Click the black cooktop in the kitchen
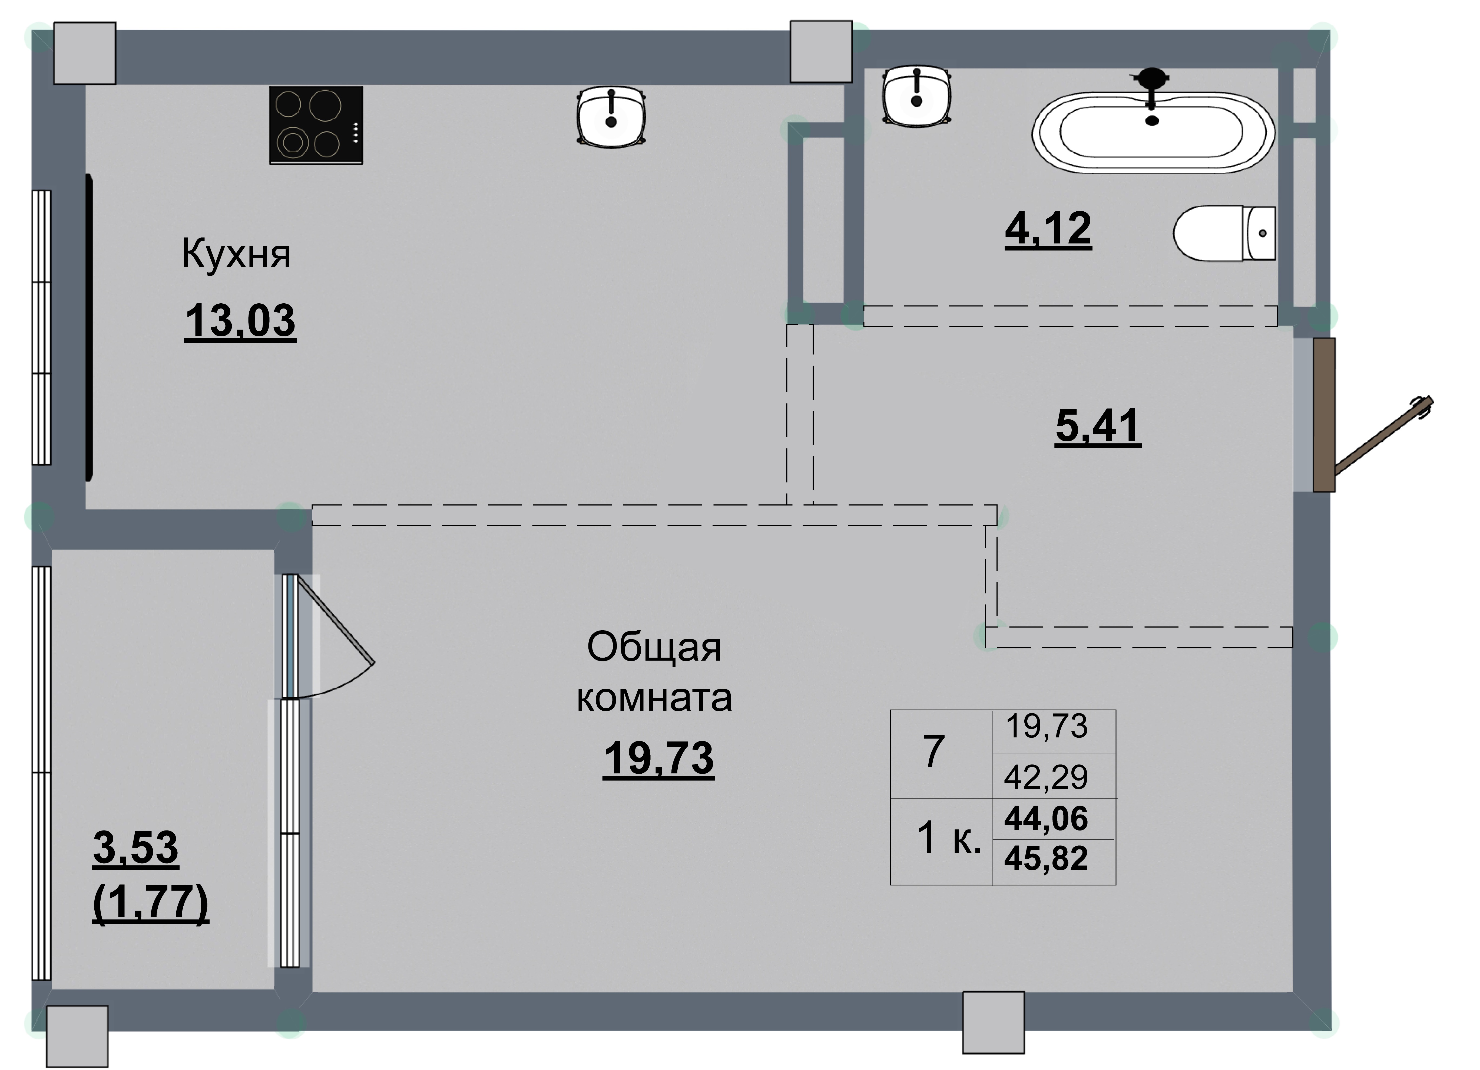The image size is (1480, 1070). [316, 125]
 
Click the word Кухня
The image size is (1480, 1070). [236, 254]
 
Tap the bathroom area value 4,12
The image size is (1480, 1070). [1048, 228]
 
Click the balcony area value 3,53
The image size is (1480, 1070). [136, 848]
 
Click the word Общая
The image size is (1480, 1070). [654, 648]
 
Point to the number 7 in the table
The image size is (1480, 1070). [934, 751]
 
